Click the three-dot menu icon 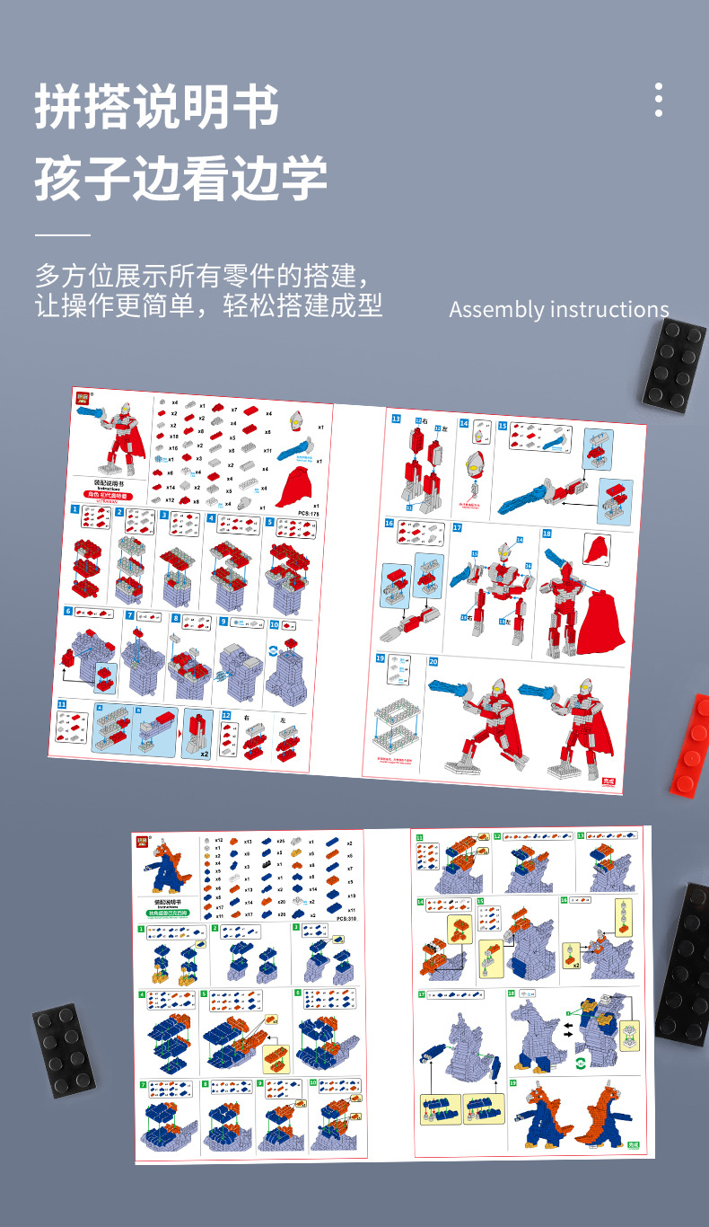click(659, 100)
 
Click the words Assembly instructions click(558, 309)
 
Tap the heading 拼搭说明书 click(157, 108)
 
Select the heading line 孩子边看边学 click(180, 177)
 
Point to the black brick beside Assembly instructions click(674, 365)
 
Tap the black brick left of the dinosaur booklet click(64, 1050)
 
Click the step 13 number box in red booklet click(396, 419)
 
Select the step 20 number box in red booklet click(433, 662)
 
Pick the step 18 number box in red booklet click(547, 534)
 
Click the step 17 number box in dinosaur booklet click(421, 994)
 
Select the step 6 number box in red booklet click(68, 612)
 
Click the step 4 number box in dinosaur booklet click(142, 993)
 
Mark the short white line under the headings click(63, 234)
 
